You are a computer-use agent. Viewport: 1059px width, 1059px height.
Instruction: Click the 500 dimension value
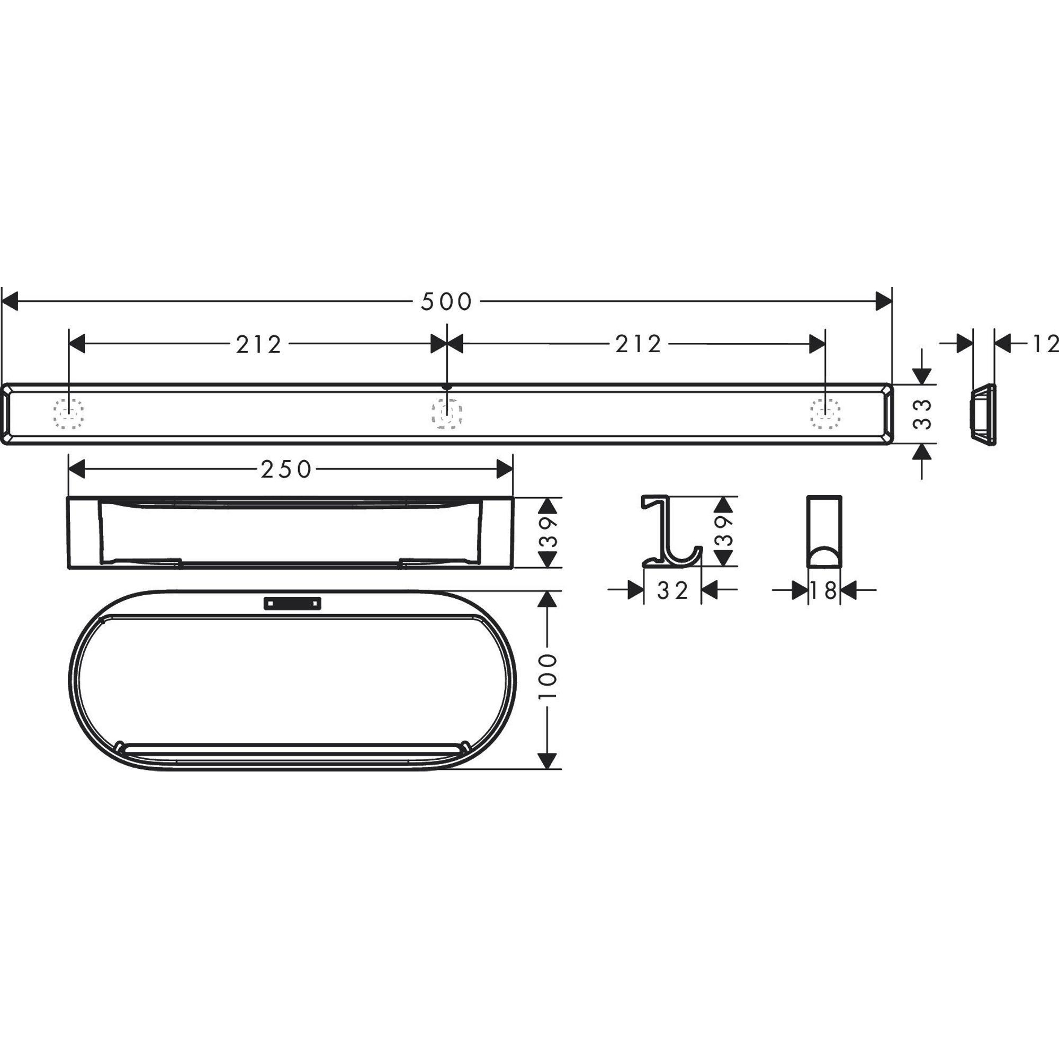[446, 301]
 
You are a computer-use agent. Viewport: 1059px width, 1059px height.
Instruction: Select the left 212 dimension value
[259, 344]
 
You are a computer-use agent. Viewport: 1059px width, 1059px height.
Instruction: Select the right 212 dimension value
[638, 344]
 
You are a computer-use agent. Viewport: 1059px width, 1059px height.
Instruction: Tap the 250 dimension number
[286, 469]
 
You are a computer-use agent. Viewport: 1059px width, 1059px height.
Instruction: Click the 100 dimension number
[548, 675]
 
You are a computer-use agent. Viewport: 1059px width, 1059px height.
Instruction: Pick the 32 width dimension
[672, 590]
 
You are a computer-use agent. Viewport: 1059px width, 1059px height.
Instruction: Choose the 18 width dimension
[824, 590]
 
